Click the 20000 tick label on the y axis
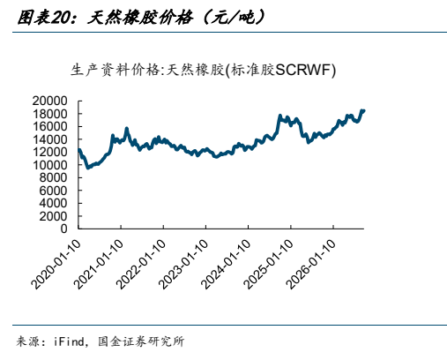49,101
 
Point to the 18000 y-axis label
49,114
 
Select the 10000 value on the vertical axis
49,165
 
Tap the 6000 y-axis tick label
53,191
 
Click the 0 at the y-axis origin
63,229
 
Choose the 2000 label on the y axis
53,216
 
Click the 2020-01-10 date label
56,264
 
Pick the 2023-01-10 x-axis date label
183,264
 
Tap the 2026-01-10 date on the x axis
310,264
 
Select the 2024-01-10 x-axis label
226,264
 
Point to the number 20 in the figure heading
59,18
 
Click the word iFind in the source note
69,341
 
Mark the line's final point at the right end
364,110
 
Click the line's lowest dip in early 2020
87,168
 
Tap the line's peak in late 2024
279,116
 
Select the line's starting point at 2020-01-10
78,150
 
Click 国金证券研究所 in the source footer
141,341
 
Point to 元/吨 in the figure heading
234,18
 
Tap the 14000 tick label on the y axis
49,139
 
